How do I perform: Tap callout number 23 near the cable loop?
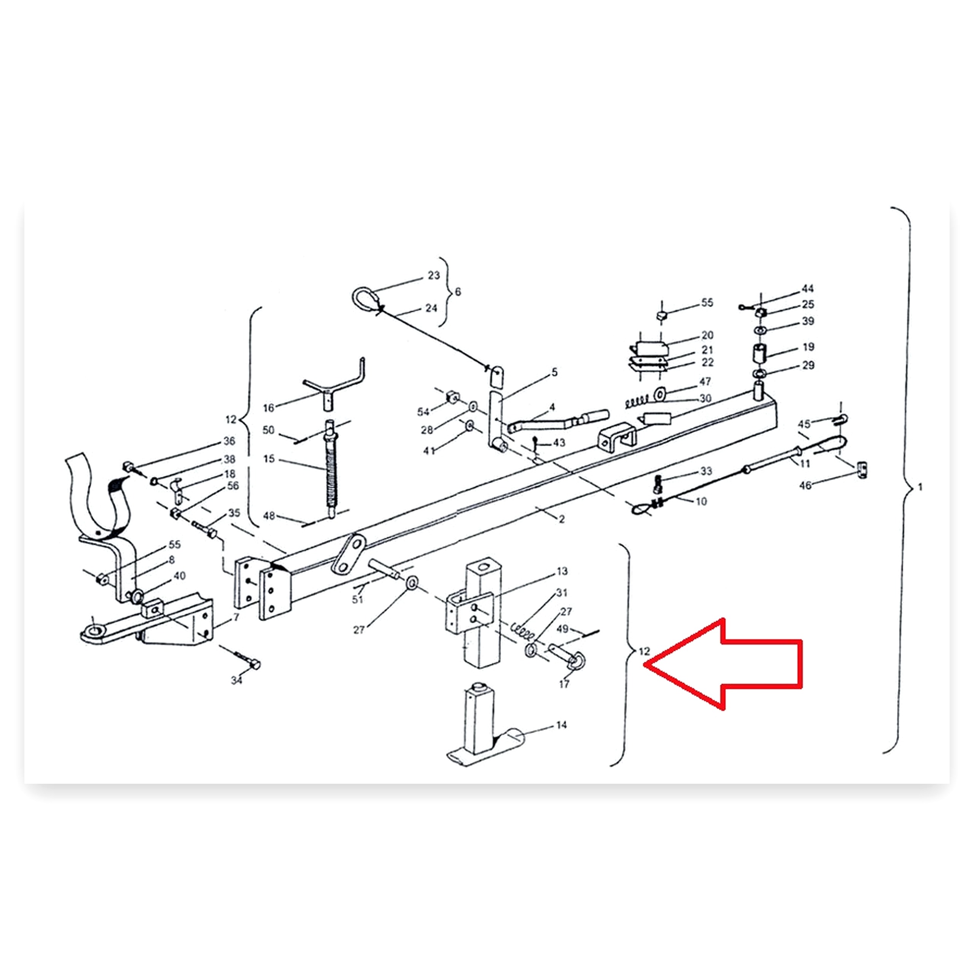point(434,275)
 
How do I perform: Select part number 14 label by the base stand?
point(562,725)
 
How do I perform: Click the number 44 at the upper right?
point(808,288)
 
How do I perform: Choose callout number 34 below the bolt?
point(236,681)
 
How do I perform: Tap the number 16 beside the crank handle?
point(268,408)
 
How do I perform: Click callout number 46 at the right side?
point(805,485)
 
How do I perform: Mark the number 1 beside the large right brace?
point(921,487)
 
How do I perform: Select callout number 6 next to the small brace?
point(458,292)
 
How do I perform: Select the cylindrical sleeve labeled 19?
point(760,353)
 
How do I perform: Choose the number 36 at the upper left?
point(229,441)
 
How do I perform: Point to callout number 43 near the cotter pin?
point(559,442)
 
